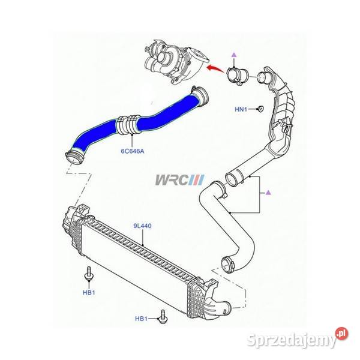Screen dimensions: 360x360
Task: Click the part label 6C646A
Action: click(x=133, y=151)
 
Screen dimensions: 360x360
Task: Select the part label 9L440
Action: click(x=142, y=226)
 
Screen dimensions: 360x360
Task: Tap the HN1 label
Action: click(x=241, y=109)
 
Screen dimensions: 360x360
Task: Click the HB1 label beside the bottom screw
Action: click(x=141, y=319)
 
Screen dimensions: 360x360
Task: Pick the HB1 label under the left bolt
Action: click(x=89, y=293)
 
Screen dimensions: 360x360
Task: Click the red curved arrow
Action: click(x=215, y=68)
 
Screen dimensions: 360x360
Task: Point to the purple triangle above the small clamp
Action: click(x=234, y=55)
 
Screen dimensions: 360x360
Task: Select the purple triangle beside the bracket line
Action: click(x=268, y=193)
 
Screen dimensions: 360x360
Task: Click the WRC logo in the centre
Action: click(x=179, y=180)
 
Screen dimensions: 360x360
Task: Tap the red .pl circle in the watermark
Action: click(x=341, y=334)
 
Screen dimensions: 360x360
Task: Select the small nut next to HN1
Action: click(x=260, y=109)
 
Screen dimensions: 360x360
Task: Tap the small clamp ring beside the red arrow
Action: click(x=237, y=76)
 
